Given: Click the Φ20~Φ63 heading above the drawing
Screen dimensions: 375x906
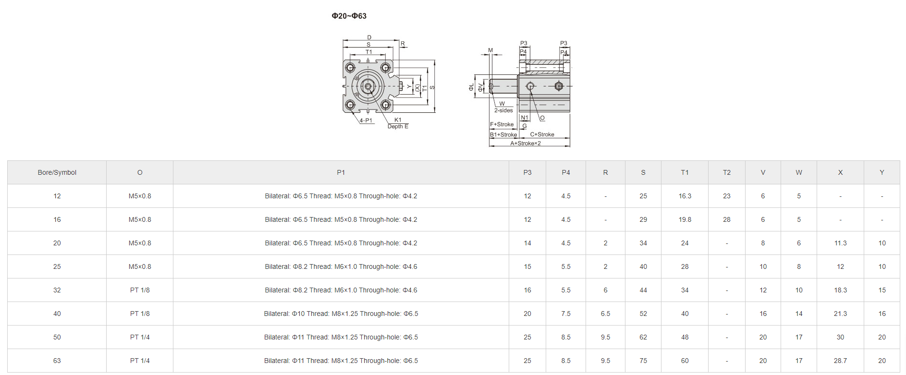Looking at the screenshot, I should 349,16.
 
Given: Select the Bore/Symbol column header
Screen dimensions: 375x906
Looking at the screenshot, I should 57,172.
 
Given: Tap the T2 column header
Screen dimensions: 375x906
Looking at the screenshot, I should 726,172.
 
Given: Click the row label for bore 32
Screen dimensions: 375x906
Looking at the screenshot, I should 57,290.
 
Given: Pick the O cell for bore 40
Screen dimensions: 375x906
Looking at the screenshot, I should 140,314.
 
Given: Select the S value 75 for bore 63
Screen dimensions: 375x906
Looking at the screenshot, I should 643,361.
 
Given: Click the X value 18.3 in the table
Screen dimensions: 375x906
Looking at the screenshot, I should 840,290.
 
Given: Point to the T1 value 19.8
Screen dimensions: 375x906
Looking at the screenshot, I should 685,219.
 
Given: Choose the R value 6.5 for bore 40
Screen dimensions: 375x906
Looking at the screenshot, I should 605,314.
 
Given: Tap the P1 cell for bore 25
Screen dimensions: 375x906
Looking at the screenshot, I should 341,266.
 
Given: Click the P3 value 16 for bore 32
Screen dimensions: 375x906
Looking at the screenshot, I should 527,290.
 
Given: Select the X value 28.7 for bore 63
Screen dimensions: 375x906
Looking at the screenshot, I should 840,361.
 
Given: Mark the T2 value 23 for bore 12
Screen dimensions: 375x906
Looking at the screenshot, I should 726,196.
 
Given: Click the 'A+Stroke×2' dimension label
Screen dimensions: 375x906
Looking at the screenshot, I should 525,143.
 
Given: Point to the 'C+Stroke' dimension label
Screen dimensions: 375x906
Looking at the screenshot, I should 542,134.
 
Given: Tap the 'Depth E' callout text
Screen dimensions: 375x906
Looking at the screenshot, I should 398,127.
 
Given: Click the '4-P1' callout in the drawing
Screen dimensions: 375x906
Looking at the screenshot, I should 366,121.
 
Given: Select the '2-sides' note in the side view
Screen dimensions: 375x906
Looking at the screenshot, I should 503,110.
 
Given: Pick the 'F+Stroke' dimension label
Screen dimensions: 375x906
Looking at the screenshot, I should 502,124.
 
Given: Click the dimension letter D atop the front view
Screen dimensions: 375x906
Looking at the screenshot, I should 369,37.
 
